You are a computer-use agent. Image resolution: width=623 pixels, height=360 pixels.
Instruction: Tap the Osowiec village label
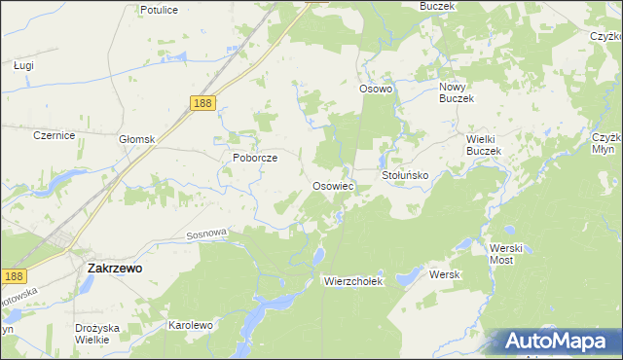click(332, 185)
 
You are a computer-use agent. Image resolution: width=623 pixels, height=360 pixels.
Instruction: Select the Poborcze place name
click(255, 157)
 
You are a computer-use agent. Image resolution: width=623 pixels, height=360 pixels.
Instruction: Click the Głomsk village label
click(137, 139)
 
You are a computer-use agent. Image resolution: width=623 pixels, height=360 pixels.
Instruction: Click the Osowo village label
click(375, 89)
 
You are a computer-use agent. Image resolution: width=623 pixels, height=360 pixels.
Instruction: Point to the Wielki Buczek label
click(483, 145)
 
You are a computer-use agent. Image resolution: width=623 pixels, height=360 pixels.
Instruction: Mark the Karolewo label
click(191, 324)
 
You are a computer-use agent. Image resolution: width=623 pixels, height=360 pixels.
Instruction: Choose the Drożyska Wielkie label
click(98, 335)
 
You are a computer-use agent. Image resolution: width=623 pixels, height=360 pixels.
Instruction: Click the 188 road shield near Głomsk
click(202, 104)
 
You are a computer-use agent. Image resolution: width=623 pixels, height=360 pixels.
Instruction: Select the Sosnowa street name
click(205, 234)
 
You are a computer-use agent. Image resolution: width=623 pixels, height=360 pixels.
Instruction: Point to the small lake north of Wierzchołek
click(318, 256)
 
